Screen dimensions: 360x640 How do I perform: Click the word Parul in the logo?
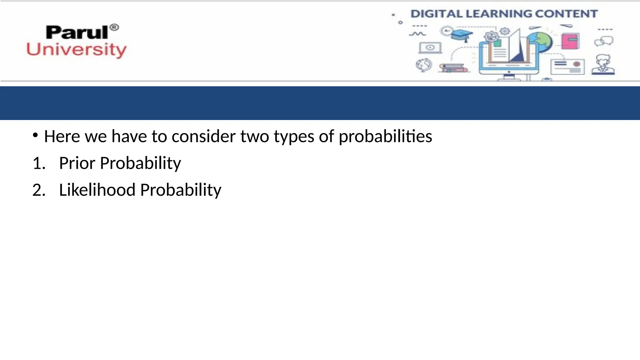tap(77, 33)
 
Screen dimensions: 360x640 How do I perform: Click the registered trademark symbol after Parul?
tap(114, 27)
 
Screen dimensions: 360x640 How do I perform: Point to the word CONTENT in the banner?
tap(566, 14)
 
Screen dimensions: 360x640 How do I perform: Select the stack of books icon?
tap(453, 68)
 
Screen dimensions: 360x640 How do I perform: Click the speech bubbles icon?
tap(604, 41)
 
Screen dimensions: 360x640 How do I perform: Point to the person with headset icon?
tap(603, 65)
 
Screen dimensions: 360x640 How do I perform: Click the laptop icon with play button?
tap(430, 48)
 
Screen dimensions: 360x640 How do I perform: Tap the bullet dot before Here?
tap(35, 135)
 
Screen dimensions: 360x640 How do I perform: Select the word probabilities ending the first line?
tap(385, 137)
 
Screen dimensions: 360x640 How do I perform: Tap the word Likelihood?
tap(97, 190)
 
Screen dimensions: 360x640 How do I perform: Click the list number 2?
tap(38, 190)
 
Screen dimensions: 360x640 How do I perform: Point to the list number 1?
tap(38, 163)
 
